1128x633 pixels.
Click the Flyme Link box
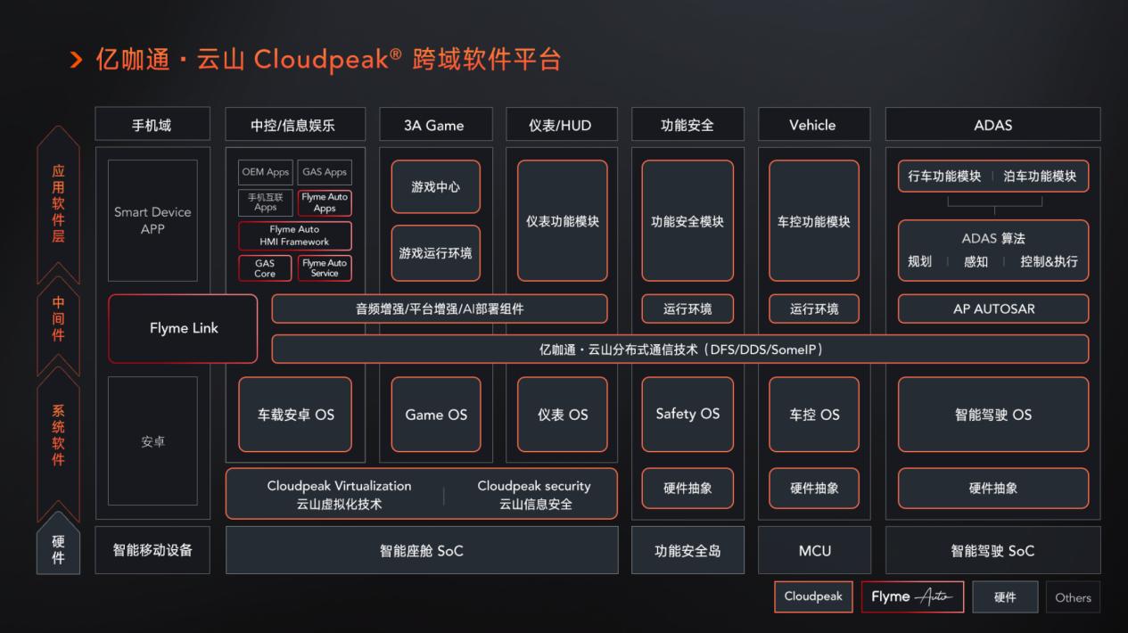click(183, 328)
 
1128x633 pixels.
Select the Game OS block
click(436, 415)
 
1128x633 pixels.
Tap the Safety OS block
click(688, 415)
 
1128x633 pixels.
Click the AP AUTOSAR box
click(993, 308)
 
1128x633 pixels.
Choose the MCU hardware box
click(814, 550)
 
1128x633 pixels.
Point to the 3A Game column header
click(435, 125)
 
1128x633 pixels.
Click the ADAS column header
click(993, 125)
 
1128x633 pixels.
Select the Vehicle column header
click(814, 125)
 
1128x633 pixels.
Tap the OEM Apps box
click(266, 172)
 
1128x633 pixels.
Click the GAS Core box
click(265, 268)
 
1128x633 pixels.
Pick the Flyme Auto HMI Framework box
click(294, 235)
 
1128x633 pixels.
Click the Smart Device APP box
click(152, 220)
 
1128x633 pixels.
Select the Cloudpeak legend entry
click(813, 596)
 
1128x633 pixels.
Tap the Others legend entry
click(1073, 597)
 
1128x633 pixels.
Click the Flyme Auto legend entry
click(912, 596)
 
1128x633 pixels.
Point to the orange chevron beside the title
click(76, 60)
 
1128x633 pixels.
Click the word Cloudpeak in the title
click(321, 60)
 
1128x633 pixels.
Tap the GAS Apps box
click(325, 172)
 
